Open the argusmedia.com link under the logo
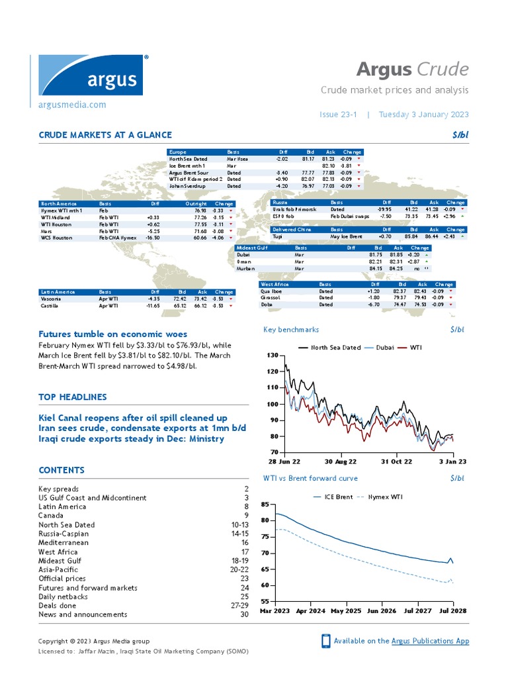coord(72,105)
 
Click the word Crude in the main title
coord(443,69)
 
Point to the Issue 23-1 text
coord(338,114)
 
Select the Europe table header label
coord(178,152)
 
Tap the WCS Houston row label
coord(57,237)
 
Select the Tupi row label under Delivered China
coord(278,236)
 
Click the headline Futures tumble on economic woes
coord(112,334)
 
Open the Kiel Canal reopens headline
coord(133,418)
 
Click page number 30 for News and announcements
coord(244,614)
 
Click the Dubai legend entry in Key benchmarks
coord(384,348)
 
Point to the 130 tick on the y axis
coord(273,356)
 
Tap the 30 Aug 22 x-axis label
coord(341,461)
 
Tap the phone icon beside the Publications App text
coord(325,641)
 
